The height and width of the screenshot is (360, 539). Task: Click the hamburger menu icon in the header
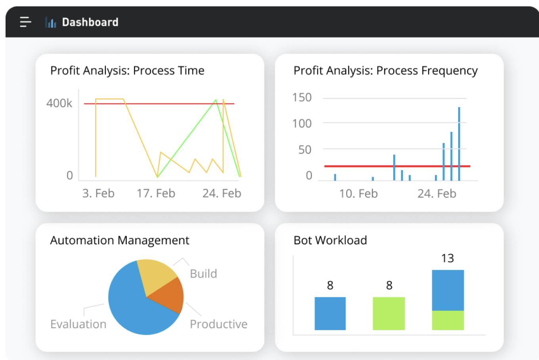25,22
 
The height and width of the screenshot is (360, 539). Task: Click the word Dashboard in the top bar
90,22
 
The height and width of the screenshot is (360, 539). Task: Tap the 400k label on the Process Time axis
59,103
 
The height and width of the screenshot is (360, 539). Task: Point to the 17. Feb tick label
156,193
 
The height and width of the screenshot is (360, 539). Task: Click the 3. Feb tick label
98,193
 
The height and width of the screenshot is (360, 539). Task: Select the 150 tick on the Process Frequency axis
302,98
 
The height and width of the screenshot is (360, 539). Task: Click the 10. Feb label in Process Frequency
358,193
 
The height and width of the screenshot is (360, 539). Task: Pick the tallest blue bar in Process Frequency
459,144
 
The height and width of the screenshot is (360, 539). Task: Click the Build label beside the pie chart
203,274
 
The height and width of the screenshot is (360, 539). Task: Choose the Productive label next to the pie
218,324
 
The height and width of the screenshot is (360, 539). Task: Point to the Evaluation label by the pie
78,324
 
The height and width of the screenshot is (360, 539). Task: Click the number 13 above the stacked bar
447,258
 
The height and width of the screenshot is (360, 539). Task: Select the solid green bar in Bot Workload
389,313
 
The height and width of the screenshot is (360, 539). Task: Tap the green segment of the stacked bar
448,320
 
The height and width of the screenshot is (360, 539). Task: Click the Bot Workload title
330,240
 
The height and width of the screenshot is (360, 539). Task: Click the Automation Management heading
120,240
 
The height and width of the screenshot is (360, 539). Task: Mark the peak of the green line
216,100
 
